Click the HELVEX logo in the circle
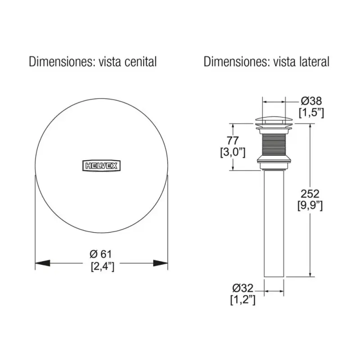101,166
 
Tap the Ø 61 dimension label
100,254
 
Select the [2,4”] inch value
103,266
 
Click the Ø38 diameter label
311,101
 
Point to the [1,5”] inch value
311,113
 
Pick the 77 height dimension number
233,140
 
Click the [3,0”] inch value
233,152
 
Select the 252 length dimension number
310,194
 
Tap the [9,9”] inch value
310,206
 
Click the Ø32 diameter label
243,288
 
